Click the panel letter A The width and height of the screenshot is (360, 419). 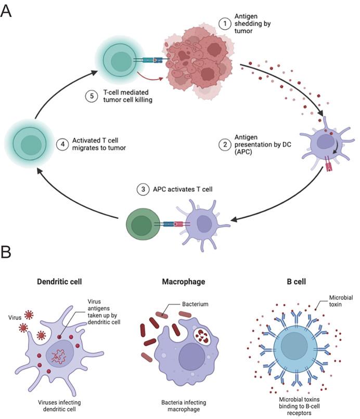click(x=7, y=11)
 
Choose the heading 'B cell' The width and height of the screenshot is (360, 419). click(x=295, y=282)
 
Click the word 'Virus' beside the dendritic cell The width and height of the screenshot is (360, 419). click(x=16, y=316)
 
